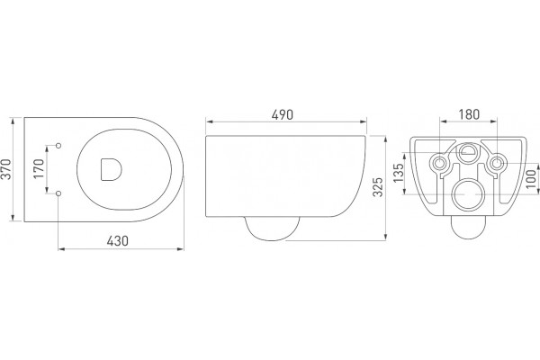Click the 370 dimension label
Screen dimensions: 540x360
point(6,169)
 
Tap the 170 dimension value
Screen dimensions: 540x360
point(39,168)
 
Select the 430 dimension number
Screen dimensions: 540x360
point(117,241)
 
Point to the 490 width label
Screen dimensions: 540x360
point(283,114)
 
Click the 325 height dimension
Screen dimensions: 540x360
point(378,186)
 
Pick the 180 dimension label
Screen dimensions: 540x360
point(469,114)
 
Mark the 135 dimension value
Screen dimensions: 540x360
point(398,173)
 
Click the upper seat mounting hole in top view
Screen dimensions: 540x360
point(58,146)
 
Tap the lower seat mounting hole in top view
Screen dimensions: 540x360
point(58,193)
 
